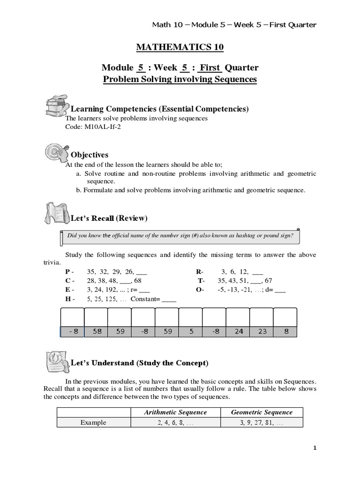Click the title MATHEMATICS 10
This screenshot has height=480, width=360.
pyautogui.click(x=180, y=47)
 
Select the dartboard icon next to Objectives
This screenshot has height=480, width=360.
pyautogui.click(x=56, y=152)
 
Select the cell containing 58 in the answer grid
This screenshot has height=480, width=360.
pyautogui.click(x=97, y=331)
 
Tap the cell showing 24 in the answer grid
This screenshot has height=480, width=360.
pyautogui.click(x=239, y=331)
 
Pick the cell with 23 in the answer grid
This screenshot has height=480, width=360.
pyautogui.click(x=262, y=331)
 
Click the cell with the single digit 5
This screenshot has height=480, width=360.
pyautogui.click(x=191, y=331)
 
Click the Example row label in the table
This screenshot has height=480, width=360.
pyautogui.click(x=93, y=422)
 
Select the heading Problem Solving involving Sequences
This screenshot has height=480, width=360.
pyautogui.click(x=180, y=79)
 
